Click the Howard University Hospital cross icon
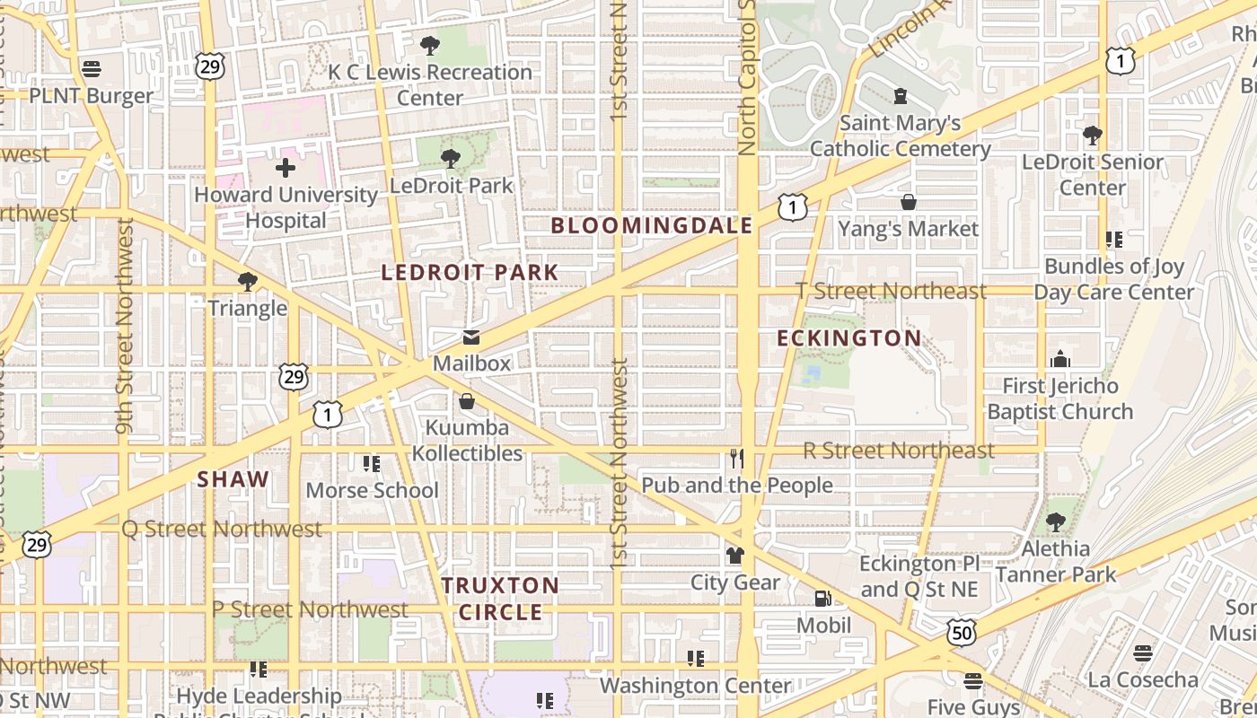point(286,168)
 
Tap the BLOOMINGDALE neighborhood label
point(651,225)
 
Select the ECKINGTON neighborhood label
point(848,338)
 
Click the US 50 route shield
point(961,633)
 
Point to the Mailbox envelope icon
point(470,338)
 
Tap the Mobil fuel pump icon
point(822,599)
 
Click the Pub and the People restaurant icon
point(736,460)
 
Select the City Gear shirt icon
point(735,556)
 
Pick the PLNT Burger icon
point(91,69)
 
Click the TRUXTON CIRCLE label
point(500,599)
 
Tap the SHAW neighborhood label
point(233,479)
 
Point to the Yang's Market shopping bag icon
point(909,203)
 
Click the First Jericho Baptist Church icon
point(1060,360)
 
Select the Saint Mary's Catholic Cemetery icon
point(901,96)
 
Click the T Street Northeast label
point(892,291)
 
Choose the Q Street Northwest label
point(222,530)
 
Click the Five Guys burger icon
point(973,681)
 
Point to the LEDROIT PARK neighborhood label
point(470,272)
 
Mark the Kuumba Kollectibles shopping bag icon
point(467,401)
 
